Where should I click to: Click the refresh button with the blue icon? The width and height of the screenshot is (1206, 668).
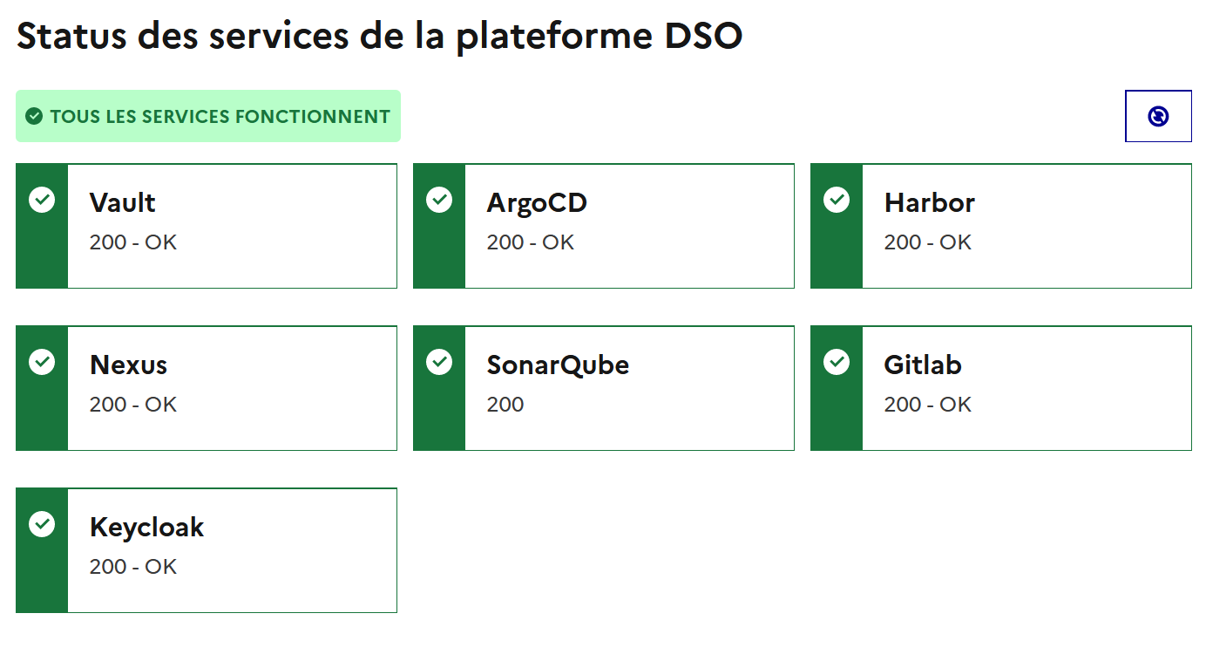pyautogui.click(x=1158, y=116)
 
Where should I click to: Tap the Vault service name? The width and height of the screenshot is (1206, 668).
pyautogui.click(x=122, y=202)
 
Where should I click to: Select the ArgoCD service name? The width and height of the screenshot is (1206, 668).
pyautogui.click(x=537, y=202)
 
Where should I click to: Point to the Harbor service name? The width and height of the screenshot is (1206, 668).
pyautogui.click(x=929, y=202)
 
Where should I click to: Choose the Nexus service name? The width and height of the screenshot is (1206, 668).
pyautogui.click(x=128, y=365)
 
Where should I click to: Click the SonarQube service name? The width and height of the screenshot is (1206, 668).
pyautogui.click(x=558, y=365)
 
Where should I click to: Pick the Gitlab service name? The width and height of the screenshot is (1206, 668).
pyautogui.click(x=922, y=365)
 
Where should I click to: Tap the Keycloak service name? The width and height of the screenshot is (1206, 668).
pyautogui.click(x=146, y=527)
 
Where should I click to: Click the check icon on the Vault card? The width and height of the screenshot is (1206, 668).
pyautogui.click(x=42, y=200)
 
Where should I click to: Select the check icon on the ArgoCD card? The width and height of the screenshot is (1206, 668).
pyautogui.click(x=439, y=200)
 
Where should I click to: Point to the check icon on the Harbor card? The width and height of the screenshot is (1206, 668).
pyautogui.click(x=837, y=200)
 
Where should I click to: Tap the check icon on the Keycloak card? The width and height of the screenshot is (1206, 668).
pyautogui.click(x=42, y=524)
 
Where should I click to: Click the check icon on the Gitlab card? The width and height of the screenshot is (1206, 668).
pyautogui.click(x=837, y=362)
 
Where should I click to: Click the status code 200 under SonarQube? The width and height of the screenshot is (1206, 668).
pyautogui.click(x=505, y=405)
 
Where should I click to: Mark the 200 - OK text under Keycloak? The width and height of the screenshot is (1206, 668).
pyautogui.click(x=133, y=567)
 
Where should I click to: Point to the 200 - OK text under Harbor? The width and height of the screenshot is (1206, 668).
pyautogui.click(x=927, y=242)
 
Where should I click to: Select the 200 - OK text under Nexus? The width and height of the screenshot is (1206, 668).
pyautogui.click(x=133, y=405)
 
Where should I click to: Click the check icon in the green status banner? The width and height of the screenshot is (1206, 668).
pyautogui.click(x=34, y=116)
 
